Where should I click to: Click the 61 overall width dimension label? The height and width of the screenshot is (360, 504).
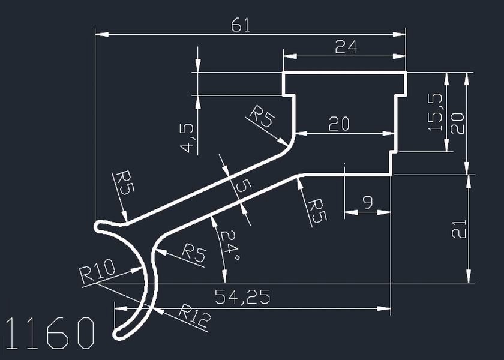(240, 25)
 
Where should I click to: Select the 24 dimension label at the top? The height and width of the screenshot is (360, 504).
(346, 47)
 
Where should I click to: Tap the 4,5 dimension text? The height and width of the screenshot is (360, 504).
(187, 137)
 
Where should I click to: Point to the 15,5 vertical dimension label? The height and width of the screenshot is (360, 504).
(436, 112)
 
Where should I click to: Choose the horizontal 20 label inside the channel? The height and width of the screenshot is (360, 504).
(339, 124)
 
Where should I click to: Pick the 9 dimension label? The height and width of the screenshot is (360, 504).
(368, 203)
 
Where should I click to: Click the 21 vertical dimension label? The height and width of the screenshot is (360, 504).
(458, 229)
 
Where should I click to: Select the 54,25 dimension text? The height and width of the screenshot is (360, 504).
(242, 296)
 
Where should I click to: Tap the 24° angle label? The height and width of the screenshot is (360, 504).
(229, 244)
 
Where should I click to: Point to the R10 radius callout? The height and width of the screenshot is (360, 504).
(97, 275)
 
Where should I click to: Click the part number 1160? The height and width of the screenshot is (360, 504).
(50, 333)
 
